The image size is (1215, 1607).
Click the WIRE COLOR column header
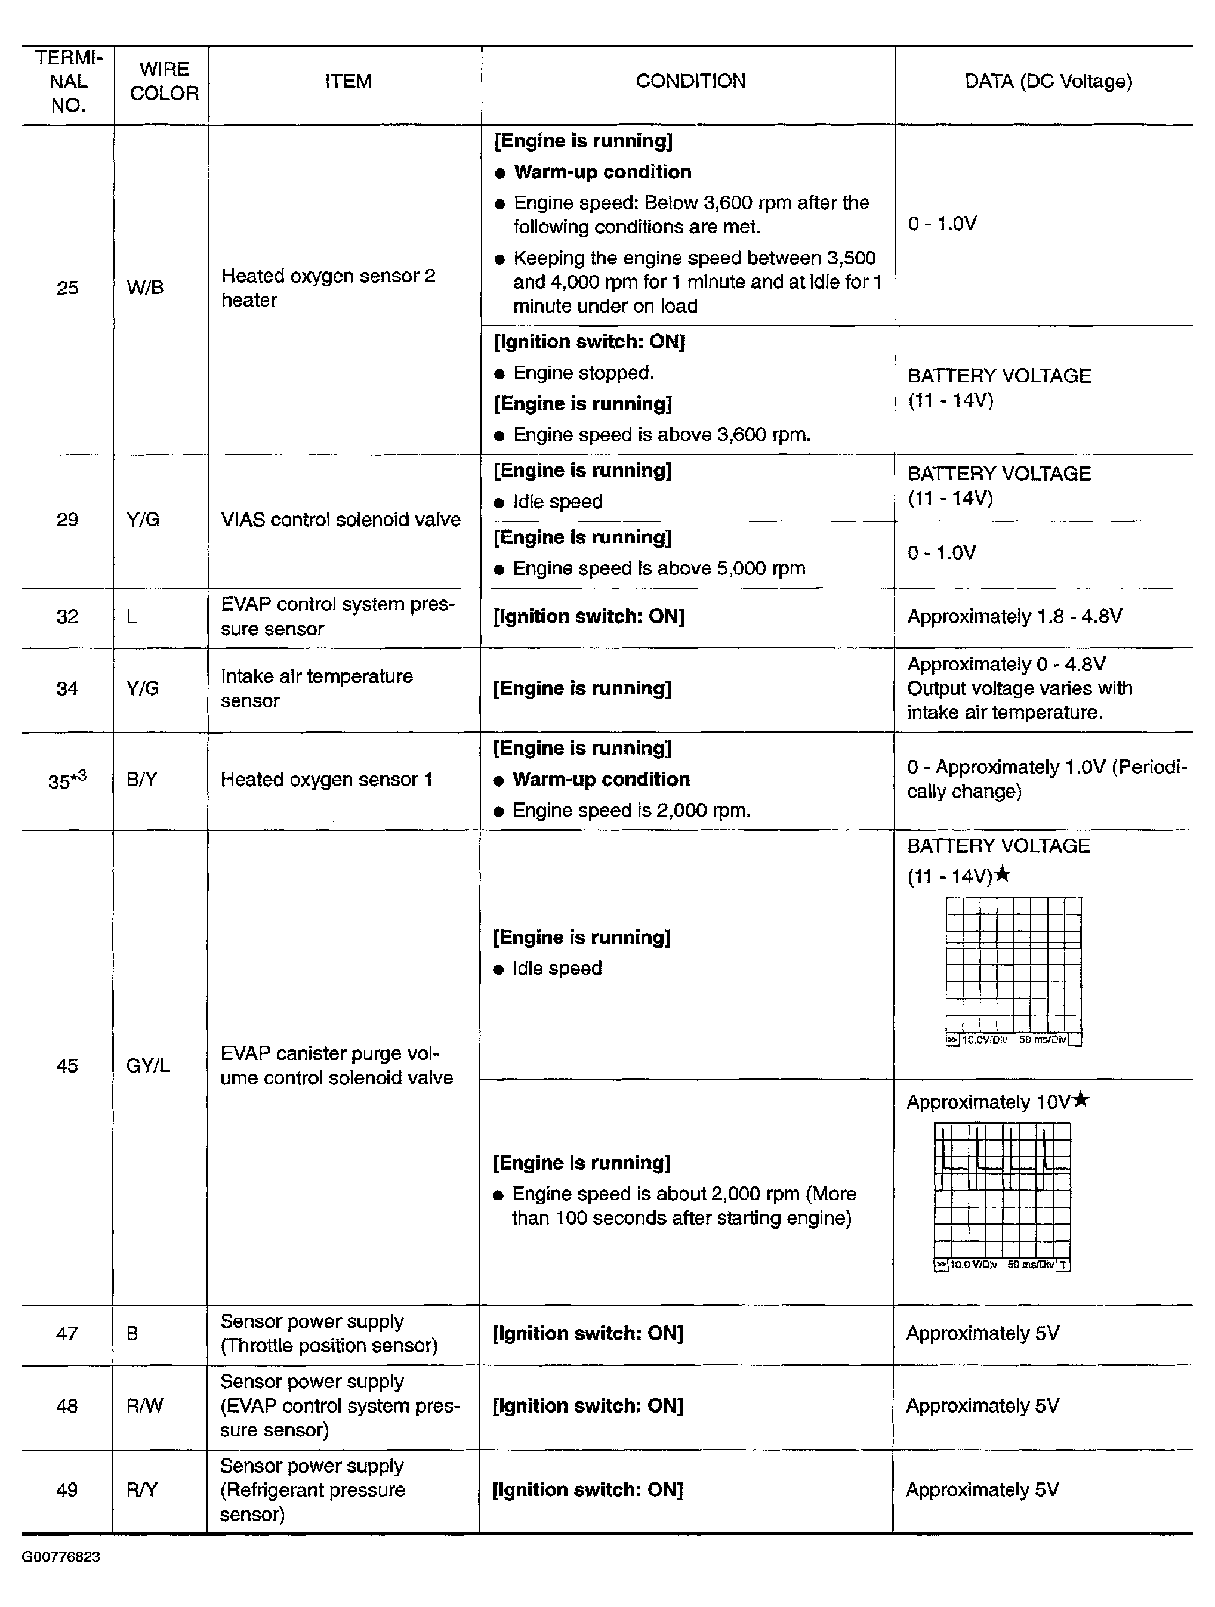tap(164, 81)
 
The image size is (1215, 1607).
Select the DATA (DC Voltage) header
tap(1048, 81)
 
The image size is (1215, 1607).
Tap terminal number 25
tap(67, 288)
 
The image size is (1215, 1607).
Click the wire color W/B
tap(144, 288)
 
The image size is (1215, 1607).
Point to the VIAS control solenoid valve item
tap(340, 520)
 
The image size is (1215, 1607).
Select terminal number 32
tap(67, 617)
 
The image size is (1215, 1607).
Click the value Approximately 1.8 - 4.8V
tap(1014, 617)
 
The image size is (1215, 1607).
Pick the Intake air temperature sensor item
tap(316, 688)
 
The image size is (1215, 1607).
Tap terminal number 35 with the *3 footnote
tap(67, 780)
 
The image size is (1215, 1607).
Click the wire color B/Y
tap(141, 780)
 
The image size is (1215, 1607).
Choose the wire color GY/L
tap(147, 1066)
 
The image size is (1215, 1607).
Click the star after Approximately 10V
tap(1081, 1101)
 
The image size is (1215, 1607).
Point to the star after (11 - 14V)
tap(1002, 874)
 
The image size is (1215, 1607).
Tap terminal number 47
tap(67, 1334)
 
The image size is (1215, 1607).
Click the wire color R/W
tap(144, 1406)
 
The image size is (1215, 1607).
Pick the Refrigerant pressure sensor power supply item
tap(313, 1490)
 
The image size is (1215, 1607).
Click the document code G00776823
tap(61, 1557)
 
